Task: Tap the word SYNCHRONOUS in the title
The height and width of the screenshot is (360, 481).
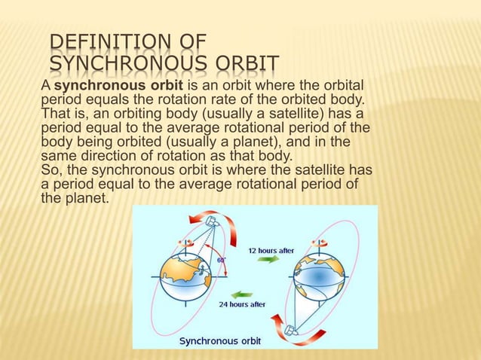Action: tap(128, 64)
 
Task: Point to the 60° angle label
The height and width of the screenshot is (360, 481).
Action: tap(222, 258)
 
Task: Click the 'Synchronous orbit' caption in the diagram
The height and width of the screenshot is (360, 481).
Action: tap(219, 340)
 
